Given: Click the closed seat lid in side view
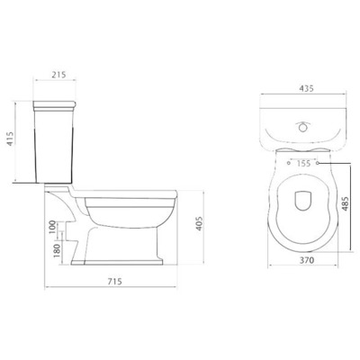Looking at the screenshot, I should click(x=135, y=193).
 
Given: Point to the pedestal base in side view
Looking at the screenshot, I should click(x=126, y=257).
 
